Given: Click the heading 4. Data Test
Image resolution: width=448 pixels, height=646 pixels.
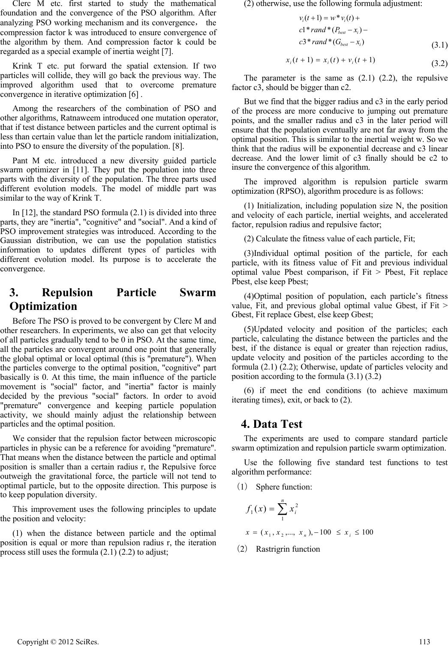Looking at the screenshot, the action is [272, 424].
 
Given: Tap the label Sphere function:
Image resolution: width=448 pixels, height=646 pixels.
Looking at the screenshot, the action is [284, 487].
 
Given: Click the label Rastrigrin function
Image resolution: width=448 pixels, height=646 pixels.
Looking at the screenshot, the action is [288, 549].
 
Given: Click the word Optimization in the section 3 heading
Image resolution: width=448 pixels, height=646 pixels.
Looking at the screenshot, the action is [43, 306].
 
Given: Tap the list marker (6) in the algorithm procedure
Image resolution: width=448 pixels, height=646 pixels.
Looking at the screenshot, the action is [249, 391].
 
